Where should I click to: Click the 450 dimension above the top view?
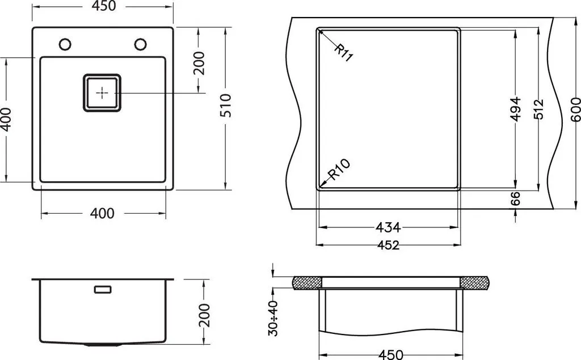coord(102,6)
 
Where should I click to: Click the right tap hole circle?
coord(140,44)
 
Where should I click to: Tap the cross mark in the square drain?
coord(102,92)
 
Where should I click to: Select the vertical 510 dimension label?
coord(226,105)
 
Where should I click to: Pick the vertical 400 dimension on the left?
coord(6,119)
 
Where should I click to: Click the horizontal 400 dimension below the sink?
coord(102,214)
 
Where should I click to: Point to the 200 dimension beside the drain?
coord(198,63)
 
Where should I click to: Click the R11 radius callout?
coord(343,53)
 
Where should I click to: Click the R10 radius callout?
coord(340,169)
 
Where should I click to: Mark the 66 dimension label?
coord(515,198)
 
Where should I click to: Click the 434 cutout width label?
coord(388,227)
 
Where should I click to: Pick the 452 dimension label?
coord(388,245)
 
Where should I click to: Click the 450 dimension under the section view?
coord(390,355)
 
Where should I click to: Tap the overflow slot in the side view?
coord(103,289)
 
